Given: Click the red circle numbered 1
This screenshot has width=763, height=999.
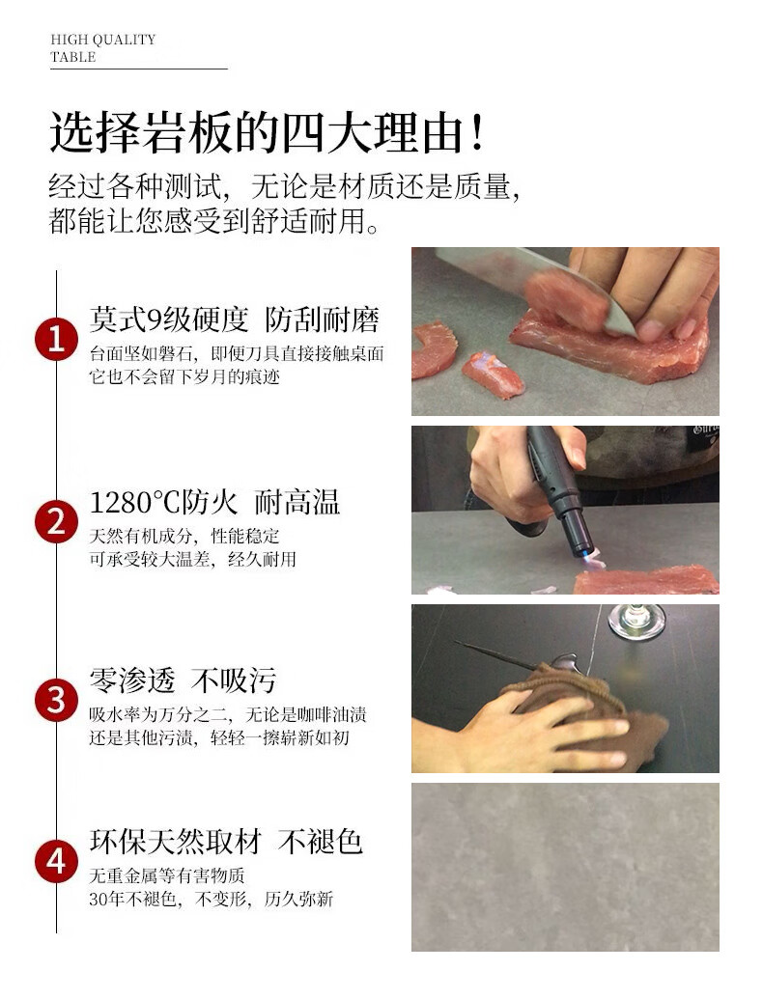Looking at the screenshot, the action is click(x=56, y=339).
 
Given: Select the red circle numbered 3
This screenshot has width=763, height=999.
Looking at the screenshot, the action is click(x=56, y=700).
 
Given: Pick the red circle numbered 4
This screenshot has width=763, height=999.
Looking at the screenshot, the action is click(x=56, y=861).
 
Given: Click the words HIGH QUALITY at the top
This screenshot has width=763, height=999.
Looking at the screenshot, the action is click(x=102, y=40).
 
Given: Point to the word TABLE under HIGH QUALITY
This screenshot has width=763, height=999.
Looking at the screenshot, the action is click(x=73, y=57).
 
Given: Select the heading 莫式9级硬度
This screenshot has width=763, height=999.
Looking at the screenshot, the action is click(x=169, y=319).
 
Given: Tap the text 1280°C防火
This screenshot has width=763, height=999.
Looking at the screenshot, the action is click(x=163, y=502).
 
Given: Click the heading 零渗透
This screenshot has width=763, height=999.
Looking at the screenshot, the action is click(x=132, y=680).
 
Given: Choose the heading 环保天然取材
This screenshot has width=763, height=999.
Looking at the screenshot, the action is click(x=175, y=842).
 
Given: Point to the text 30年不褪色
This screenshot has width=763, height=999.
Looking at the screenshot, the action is click(x=132, y=899).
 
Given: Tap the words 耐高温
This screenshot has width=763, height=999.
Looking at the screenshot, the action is click(x=297, y=502).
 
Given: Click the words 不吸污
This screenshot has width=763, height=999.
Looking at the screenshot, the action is click(x=234, y=680).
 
